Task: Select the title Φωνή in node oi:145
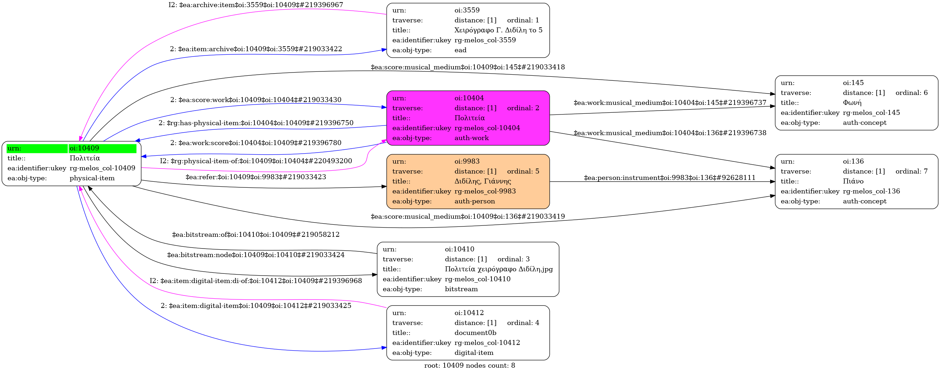tap(852, 103)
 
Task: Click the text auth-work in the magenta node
tap(472, 138)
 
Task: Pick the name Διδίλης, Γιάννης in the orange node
tap(482, 181)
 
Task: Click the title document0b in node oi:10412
tap(475, 333)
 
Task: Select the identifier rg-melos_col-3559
tap(485, 40)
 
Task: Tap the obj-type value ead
tap(460, 50)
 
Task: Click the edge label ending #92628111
tap(670, 178)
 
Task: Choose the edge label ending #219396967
tap(256, 5)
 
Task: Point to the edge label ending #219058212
tap(256, 235)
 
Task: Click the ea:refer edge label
tap(256, 177)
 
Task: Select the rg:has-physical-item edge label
tap(256, 123)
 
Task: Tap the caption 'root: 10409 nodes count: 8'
tap(469, 366)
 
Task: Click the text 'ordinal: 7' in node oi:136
tap(911, 171)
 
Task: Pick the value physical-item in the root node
tap(92, 178)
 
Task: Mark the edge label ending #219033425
tap(256, 306)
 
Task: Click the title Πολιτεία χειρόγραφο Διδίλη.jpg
tap(499, 269)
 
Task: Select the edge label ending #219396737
tap(670, 103)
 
